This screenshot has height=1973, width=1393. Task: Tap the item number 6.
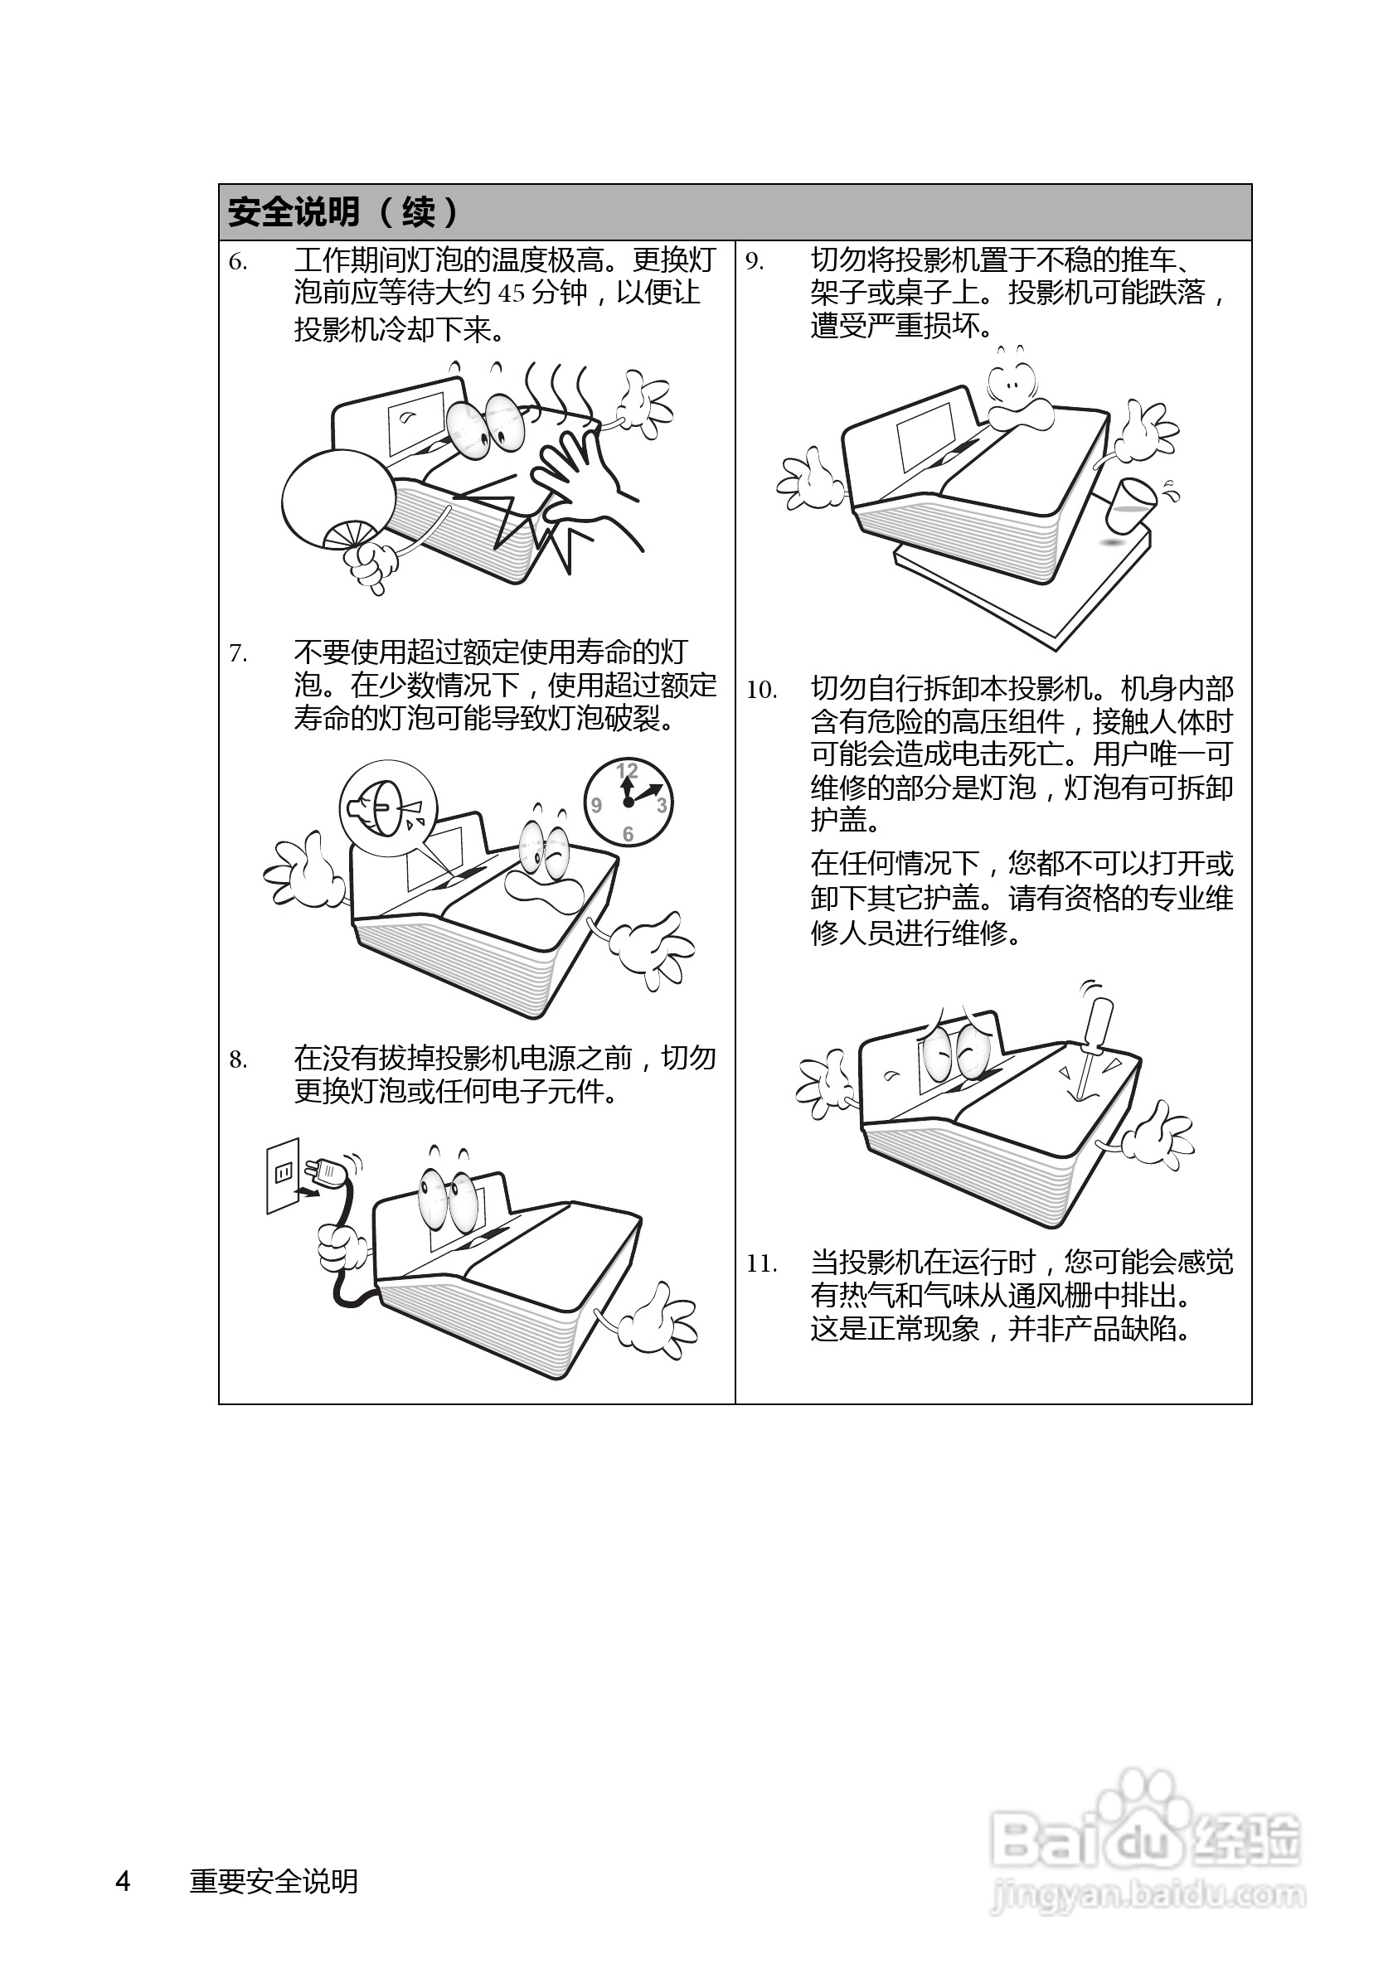coord(238,262)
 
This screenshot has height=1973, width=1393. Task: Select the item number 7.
coord(238,655)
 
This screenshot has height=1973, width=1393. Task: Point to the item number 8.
coord(238,1060)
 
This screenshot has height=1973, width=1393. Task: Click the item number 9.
coord(754,262)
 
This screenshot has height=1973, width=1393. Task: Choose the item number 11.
coord(760,1265)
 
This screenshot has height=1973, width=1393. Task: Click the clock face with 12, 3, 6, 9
coord(629,802)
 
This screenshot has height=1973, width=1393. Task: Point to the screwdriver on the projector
coord(1090,1043)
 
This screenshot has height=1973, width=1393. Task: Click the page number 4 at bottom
coord(123,1881)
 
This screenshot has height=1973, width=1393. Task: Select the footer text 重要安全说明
coord(274,1881)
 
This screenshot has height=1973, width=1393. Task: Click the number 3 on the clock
coord(661,805)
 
